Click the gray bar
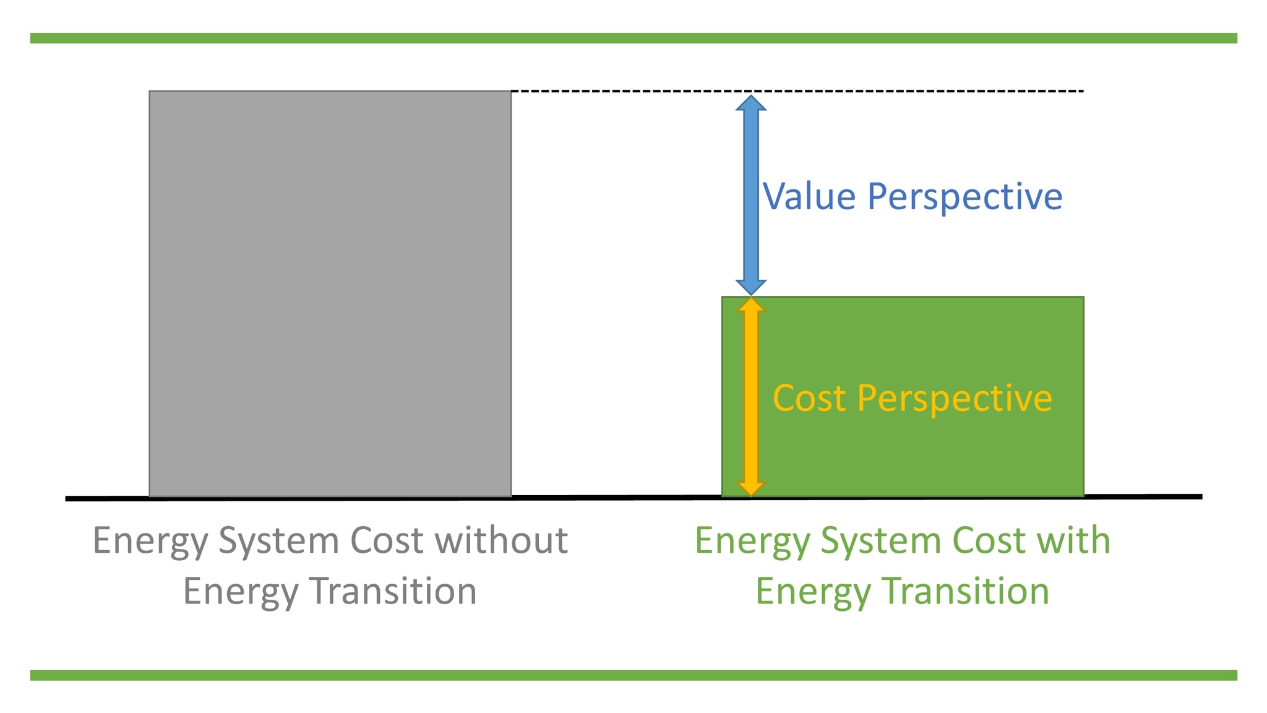pyautogui.click(x=330, y=293)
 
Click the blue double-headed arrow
pyautogui.click(x=750, y=196)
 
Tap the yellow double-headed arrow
pyautogui.click(x=750, y=397)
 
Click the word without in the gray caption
pyautogui.click(x=501, y=540)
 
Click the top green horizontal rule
pyautogui.click(x=633, y=38)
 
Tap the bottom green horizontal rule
pyautogui.click(x=633, y=675)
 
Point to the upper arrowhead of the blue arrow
pyautogui.click(x=750, y=103)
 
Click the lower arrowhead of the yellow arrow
pyautogui.click(x=750, y=488)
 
